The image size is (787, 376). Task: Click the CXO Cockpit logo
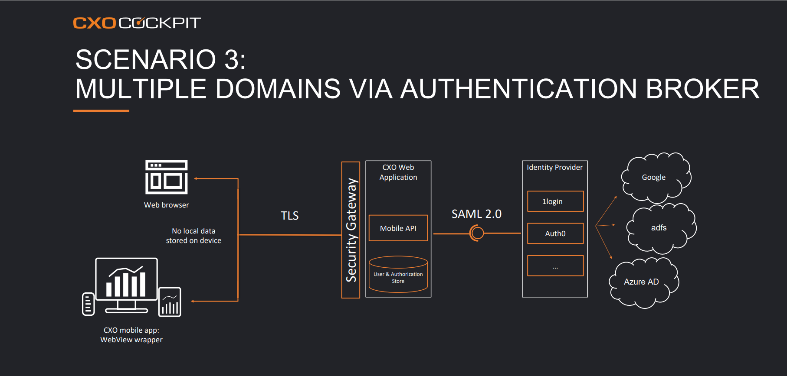137,23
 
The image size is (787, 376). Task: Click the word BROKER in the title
702,89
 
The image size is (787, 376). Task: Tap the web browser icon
167,177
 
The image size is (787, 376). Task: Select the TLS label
290,216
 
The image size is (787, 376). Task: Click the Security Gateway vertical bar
351,230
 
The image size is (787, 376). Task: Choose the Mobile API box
398,228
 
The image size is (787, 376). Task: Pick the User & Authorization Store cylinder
398,274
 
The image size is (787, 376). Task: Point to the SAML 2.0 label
476,214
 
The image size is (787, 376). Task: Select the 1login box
555,201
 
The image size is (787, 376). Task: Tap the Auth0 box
555,233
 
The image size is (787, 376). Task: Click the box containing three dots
555,266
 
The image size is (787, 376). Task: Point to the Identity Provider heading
555,167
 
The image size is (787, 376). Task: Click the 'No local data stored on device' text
193,236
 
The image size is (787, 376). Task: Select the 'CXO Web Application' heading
398,172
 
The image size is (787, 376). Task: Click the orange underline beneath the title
101,111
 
